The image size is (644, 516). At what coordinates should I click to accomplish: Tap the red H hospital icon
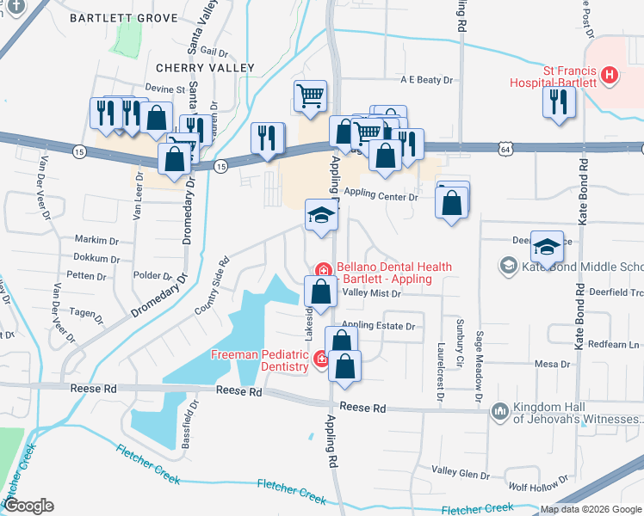[x=610, y=75]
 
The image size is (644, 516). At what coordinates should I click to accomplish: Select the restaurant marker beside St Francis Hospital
[x=559, y=102]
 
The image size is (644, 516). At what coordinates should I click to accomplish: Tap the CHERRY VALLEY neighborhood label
[x=205, y=68]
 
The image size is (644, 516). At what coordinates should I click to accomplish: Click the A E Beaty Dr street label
[x=426, y=80]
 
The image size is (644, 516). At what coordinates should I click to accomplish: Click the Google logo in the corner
[x=28, y=505]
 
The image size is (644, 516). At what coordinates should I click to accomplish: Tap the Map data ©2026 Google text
[x=591, y=509]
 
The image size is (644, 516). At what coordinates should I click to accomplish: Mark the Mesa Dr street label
[x=553, y=365]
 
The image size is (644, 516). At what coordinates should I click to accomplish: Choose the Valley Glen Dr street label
[x=460, y=471]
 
